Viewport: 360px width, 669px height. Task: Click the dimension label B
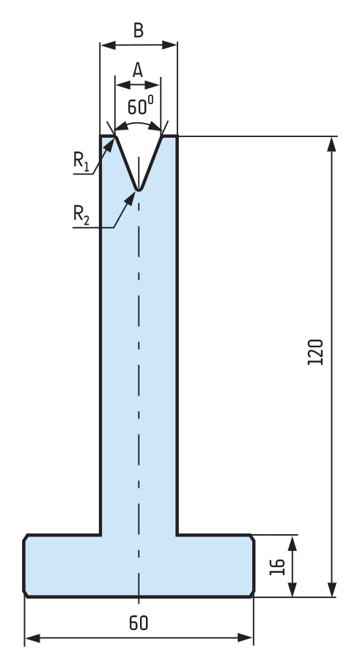[139, 31]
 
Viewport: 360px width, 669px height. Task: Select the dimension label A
[138, 70]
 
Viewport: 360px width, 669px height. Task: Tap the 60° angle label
[141, 106]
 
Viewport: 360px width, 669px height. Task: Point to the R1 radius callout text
[81, 161]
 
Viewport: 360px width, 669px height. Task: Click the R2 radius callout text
[81, 214]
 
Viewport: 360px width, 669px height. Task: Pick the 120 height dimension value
[315, 352]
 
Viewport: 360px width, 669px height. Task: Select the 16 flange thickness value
[278, 566]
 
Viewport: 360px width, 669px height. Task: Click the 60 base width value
[139, 624]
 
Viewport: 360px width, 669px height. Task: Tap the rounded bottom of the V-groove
[139, 188]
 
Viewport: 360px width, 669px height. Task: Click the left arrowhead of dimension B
[108, 45]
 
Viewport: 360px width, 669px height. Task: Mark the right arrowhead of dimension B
[169, 45]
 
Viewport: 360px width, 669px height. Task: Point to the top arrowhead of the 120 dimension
[331, 144]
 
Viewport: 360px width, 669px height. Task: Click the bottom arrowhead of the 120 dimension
[331, 589]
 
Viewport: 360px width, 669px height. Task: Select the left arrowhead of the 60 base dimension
[32, 637]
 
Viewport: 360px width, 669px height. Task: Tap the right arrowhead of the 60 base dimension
[246, 637]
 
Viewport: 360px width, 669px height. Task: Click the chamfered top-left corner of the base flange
[26, 537]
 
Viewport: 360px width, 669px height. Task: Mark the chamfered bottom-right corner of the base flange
[252, 594]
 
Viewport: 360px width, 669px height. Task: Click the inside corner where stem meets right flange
[177, 534]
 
